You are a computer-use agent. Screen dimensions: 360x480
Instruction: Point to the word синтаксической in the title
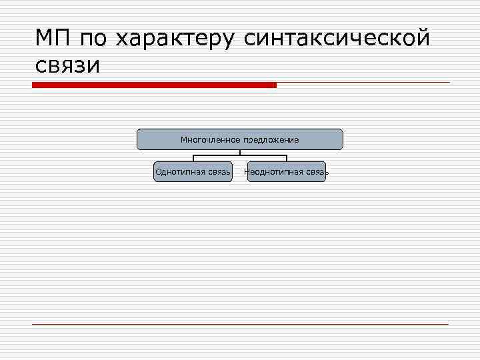pyautogui.click(x=337, y=39)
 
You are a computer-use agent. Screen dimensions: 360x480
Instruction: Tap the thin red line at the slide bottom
pyautogui.click(x=240, y=324)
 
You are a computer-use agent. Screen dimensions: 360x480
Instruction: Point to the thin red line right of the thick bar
pyautogui.click(x=363, y=83)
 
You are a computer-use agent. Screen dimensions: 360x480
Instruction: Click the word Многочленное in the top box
pyautogui.click(x=210, y=140)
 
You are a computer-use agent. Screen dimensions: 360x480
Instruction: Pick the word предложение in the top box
pyautogui.click(x=271, y=140)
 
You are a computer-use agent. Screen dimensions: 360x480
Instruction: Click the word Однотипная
pyautogui.click(x=180, y=172)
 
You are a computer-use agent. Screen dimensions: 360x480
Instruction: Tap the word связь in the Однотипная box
pyautogui.click(x=219, y=172)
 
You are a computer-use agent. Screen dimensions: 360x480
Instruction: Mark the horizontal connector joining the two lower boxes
pyautogui.click(x=240, y=155)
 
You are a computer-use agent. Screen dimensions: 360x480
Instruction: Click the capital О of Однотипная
pyautogui.click(x=158, y=172)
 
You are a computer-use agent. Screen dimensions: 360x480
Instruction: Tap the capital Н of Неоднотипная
pyautogui.click(x=247, y=172)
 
